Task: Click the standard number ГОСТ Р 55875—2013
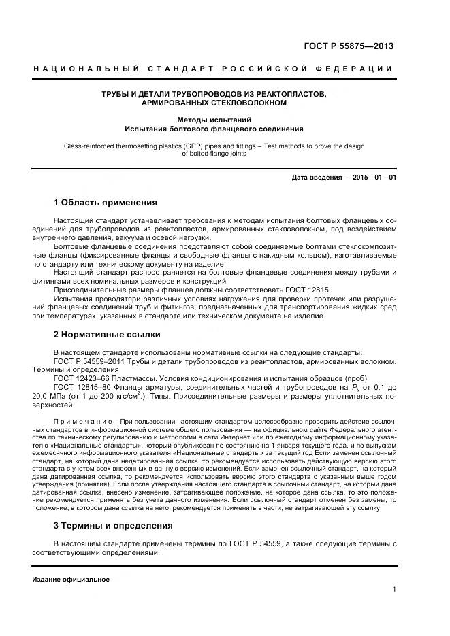348,46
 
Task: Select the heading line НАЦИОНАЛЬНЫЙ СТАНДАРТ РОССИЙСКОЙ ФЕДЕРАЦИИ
213,69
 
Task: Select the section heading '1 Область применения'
106,202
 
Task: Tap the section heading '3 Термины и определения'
113,525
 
